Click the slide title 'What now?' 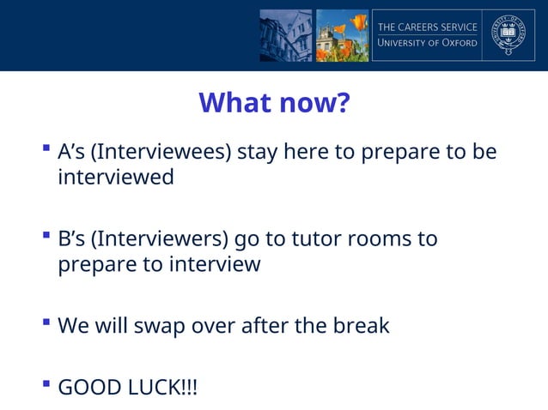(274, 103)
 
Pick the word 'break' (359, 326)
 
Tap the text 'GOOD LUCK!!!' (127, 388)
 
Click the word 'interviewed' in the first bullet (115, 178)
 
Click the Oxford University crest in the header (508, 35)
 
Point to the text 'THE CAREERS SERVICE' (427, 27)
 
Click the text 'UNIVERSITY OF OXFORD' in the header (427, 43)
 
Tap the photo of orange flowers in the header (341, 35)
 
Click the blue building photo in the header (286, 35)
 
